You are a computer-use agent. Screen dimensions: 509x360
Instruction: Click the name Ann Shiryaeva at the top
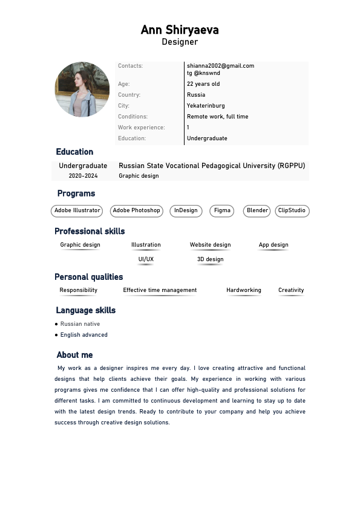(x=180, y=30)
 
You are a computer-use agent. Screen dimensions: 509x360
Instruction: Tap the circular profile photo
(x=82, y=89)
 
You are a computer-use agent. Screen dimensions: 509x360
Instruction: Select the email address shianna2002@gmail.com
(x=220, y=66)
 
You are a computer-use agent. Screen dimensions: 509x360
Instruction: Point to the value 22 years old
(x=203, y=84)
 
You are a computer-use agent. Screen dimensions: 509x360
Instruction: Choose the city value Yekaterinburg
(x=206, y=106)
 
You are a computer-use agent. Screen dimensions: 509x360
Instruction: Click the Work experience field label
(x=141, y=128)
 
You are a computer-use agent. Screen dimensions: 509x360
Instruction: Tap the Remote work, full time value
(x=217, y=117)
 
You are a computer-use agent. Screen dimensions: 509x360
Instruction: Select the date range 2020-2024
(x=83, y=176)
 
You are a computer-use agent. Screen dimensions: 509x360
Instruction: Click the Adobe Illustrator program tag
(x=77, y=211)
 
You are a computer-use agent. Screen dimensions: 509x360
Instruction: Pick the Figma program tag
(x=222, y=211)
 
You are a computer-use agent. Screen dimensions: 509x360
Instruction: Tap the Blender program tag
(x=257, y=211)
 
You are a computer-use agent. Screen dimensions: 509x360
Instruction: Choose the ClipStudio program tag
(x=292, y=211)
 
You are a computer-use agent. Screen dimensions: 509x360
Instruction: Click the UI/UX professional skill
(x=146, y=259)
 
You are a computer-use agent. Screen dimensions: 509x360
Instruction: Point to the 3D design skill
(x=210, y=259)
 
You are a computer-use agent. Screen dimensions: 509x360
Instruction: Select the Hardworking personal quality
(x=244, y=290)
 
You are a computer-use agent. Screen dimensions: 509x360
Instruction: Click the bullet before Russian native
(x=56, y=324)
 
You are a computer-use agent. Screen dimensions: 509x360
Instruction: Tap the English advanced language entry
(x=83, y=335)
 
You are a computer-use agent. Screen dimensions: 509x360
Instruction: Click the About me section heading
(x=74, y=355)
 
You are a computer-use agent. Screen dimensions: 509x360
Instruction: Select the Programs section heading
(x=76, y=193)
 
